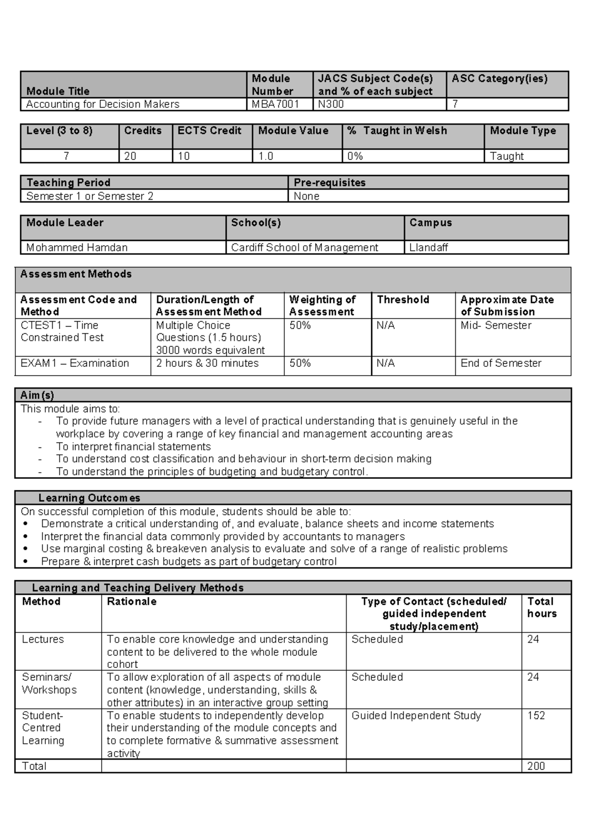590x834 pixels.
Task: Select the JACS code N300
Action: click(x=331, y=104)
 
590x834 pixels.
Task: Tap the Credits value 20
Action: click(x=130, y=156)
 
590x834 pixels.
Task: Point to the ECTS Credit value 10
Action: click(x=184, y=156)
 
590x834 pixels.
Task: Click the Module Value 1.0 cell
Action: click(x=266, y=156)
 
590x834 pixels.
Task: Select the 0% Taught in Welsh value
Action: click(x=355, y=156)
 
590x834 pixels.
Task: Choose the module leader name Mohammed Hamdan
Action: click(x=77, y=247)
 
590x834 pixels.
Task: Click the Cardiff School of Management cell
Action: click(x=304, y=247)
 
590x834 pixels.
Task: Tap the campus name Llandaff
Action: click(x=428, y=247)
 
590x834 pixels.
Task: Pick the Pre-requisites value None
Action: click(x=306, y=196)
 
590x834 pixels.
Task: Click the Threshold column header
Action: click(x=403, y=299)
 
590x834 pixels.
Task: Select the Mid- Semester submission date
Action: click(x=496, y=326)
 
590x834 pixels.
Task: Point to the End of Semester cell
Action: click(x=501, y=363)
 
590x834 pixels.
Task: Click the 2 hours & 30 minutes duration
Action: click(x=207, y=363)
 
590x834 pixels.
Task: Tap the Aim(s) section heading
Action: click(x=37, y=395)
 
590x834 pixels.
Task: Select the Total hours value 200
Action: click(x=536, y=766)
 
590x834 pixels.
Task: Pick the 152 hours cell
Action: click(x=536, y=715)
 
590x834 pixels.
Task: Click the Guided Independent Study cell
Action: click(x=416, y=715)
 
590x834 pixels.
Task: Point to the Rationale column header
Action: click(x=131, y=601)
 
